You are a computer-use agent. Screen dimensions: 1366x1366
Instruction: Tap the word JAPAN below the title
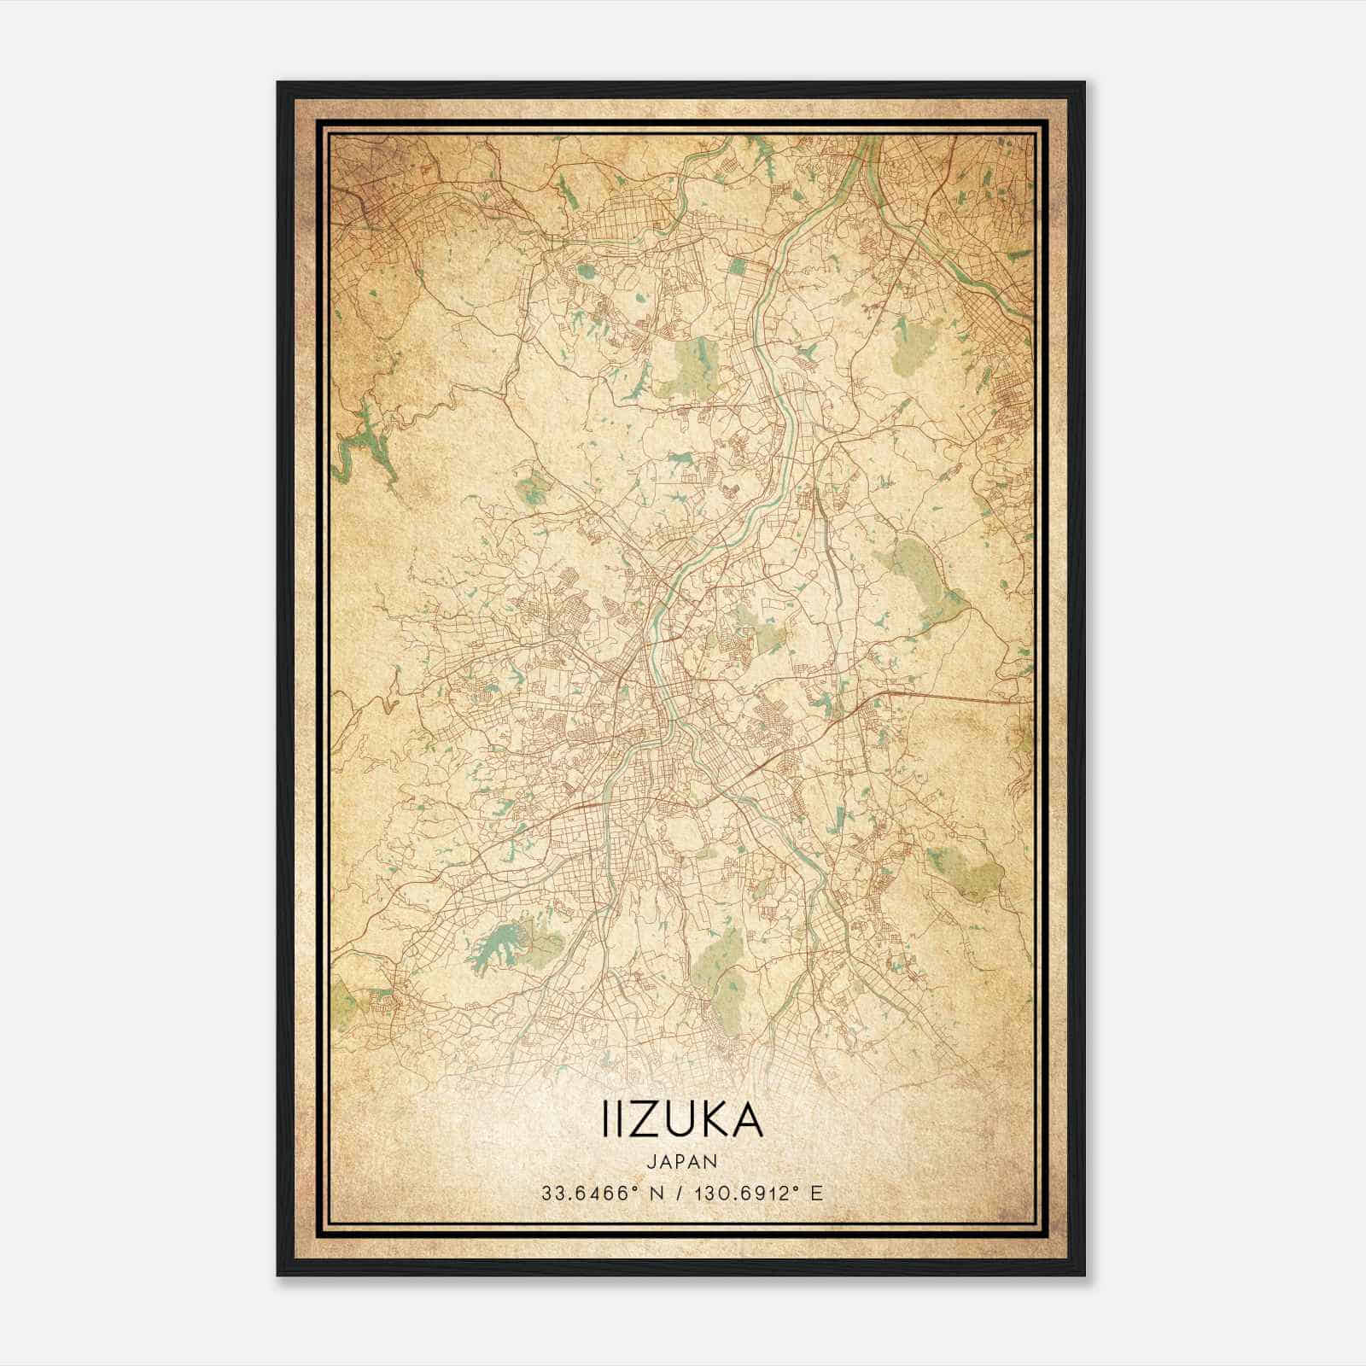[681, 1161]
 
